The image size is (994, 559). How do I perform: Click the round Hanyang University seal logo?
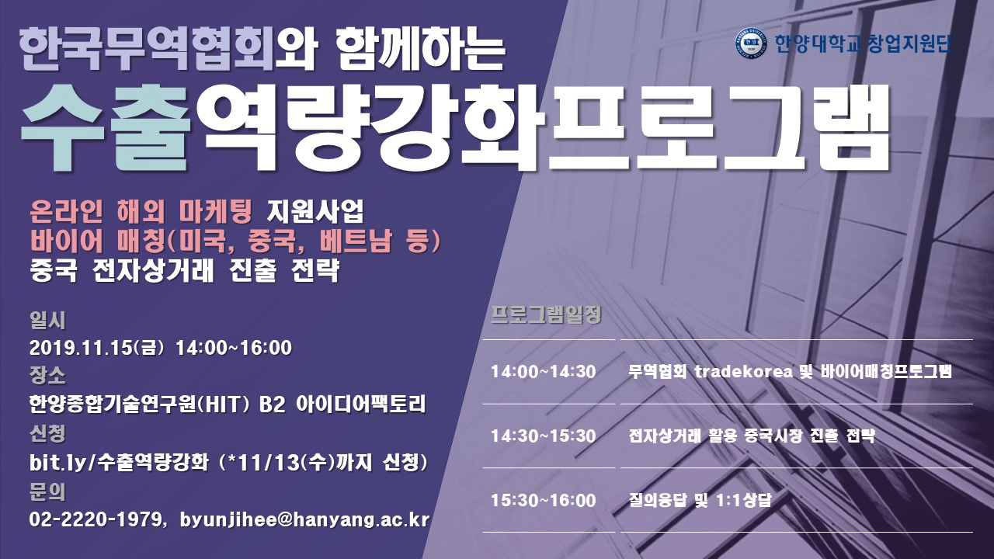[x=750, y=43]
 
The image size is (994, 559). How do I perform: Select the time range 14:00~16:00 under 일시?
[x=234, y=348]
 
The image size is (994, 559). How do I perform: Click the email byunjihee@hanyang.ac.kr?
[x=304, y=520]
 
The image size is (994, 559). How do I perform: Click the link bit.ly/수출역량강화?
[x=119, y=463]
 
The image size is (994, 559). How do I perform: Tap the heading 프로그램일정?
[x=546, y=315]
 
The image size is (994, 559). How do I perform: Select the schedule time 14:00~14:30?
[x=543, y=371]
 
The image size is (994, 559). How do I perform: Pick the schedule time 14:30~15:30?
[x=543, y=436]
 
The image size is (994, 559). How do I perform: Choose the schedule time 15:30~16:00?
[x=543, y=500]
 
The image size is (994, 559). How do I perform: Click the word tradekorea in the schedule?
[x=743, y=371]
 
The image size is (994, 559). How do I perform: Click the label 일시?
[x=47, y=320]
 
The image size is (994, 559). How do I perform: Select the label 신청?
[x=47, y=433]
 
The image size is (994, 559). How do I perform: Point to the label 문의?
[x=47, y=491]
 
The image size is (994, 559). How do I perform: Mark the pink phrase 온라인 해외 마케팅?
[x=141, y=212]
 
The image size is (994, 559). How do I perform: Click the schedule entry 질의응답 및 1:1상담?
[x=700, y=500]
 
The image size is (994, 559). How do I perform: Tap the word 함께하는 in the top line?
[x=420, y=50]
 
